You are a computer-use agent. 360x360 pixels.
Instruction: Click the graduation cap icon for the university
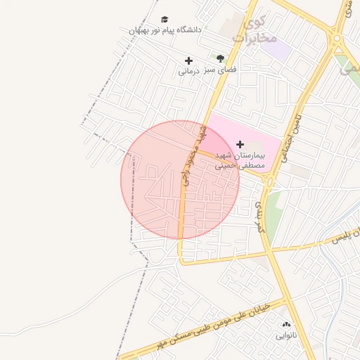[x=165, y=20]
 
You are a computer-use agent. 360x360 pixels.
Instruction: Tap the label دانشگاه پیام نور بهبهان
[x=165, y=30]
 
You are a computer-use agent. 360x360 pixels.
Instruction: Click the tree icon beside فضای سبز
[x=220, y=59]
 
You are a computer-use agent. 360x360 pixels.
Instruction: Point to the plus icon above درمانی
[x=188, y=61]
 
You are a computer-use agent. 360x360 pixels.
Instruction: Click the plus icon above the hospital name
[x=241, y=143]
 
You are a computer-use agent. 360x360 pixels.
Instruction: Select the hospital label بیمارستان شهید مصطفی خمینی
[x=240, y=160]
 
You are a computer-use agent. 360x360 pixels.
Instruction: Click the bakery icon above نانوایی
[x=285, y=325]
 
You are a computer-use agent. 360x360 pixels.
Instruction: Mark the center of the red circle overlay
[x=180, y=180]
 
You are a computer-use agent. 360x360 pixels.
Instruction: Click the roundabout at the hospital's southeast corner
[x=269, y=180]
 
